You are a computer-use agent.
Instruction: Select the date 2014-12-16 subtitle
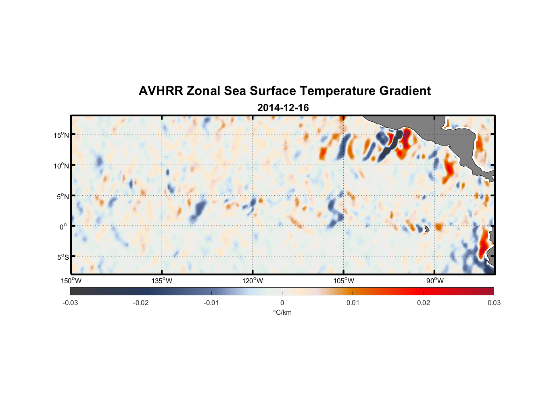283,108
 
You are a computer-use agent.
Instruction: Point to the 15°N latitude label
61,135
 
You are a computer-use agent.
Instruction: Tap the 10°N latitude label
61,166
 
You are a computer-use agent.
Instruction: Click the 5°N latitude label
63,196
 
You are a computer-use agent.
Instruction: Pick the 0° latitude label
63,227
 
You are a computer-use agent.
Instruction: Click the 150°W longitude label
71,281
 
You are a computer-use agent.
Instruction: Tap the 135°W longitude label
162,281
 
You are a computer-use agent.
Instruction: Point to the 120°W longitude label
253,281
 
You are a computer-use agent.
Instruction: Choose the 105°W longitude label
344,281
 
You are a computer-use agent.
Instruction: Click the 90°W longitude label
435,281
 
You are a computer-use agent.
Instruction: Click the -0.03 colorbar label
70,303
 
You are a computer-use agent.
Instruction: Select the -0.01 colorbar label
211,303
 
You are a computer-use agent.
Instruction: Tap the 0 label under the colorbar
282,303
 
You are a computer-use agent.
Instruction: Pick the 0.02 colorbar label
424,303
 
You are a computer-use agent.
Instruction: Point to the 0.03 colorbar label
494,303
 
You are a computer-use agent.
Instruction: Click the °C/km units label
282,312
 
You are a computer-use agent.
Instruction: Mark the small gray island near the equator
427,229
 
